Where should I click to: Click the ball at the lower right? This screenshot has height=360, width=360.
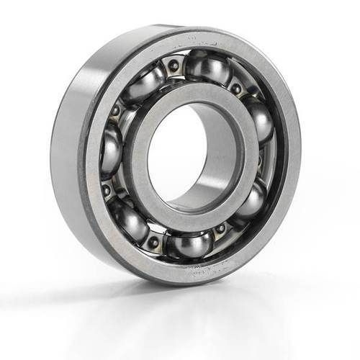pyautogui.click(x=248, y=202)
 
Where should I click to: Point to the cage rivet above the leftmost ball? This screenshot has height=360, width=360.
pyautogui.click(x=115, y=112)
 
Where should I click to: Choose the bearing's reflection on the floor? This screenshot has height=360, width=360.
pyautogui.click(x=180, y=317)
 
